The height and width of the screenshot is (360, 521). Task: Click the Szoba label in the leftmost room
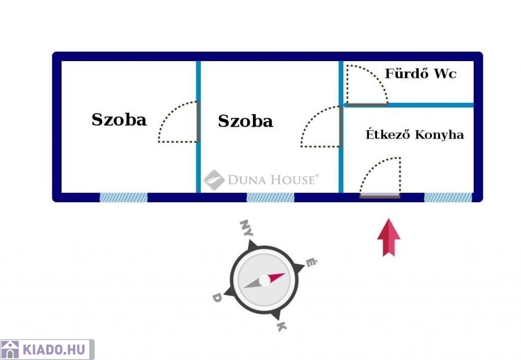click(119, 120)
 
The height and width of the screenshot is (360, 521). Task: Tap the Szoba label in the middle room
click(246, 121)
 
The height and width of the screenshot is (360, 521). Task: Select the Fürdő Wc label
click(420, 73)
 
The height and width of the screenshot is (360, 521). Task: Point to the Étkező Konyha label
click(415, 134)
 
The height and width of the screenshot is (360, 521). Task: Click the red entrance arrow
click(389, 237)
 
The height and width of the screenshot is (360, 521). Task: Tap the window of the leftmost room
click(124, 198)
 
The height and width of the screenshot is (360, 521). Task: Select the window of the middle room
click(271, 198)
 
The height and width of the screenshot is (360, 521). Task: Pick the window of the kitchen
click(448, 198)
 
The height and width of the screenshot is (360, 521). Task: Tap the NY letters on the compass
click(246, 228)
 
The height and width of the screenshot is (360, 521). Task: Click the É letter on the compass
click(311, 262)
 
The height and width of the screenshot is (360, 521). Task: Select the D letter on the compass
click(217, 297)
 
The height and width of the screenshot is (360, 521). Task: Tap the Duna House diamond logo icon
click(214, 180)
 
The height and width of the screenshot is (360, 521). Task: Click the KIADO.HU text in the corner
click(54, 350)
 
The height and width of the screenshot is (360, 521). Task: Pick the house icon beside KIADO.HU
click(10, 350)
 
